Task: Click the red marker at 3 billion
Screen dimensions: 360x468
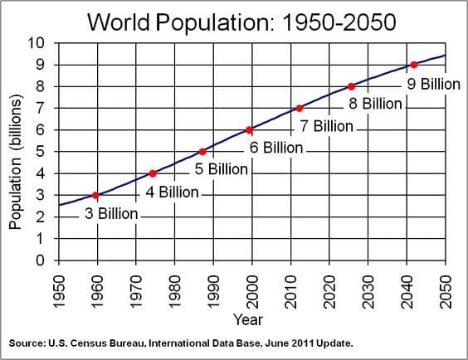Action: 96,196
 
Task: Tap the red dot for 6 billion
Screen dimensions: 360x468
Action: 249,129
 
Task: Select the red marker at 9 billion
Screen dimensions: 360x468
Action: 413,65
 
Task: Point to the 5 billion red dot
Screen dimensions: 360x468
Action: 202,152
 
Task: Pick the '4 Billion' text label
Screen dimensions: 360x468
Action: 173,192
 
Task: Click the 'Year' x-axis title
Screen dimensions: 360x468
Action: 249,319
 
